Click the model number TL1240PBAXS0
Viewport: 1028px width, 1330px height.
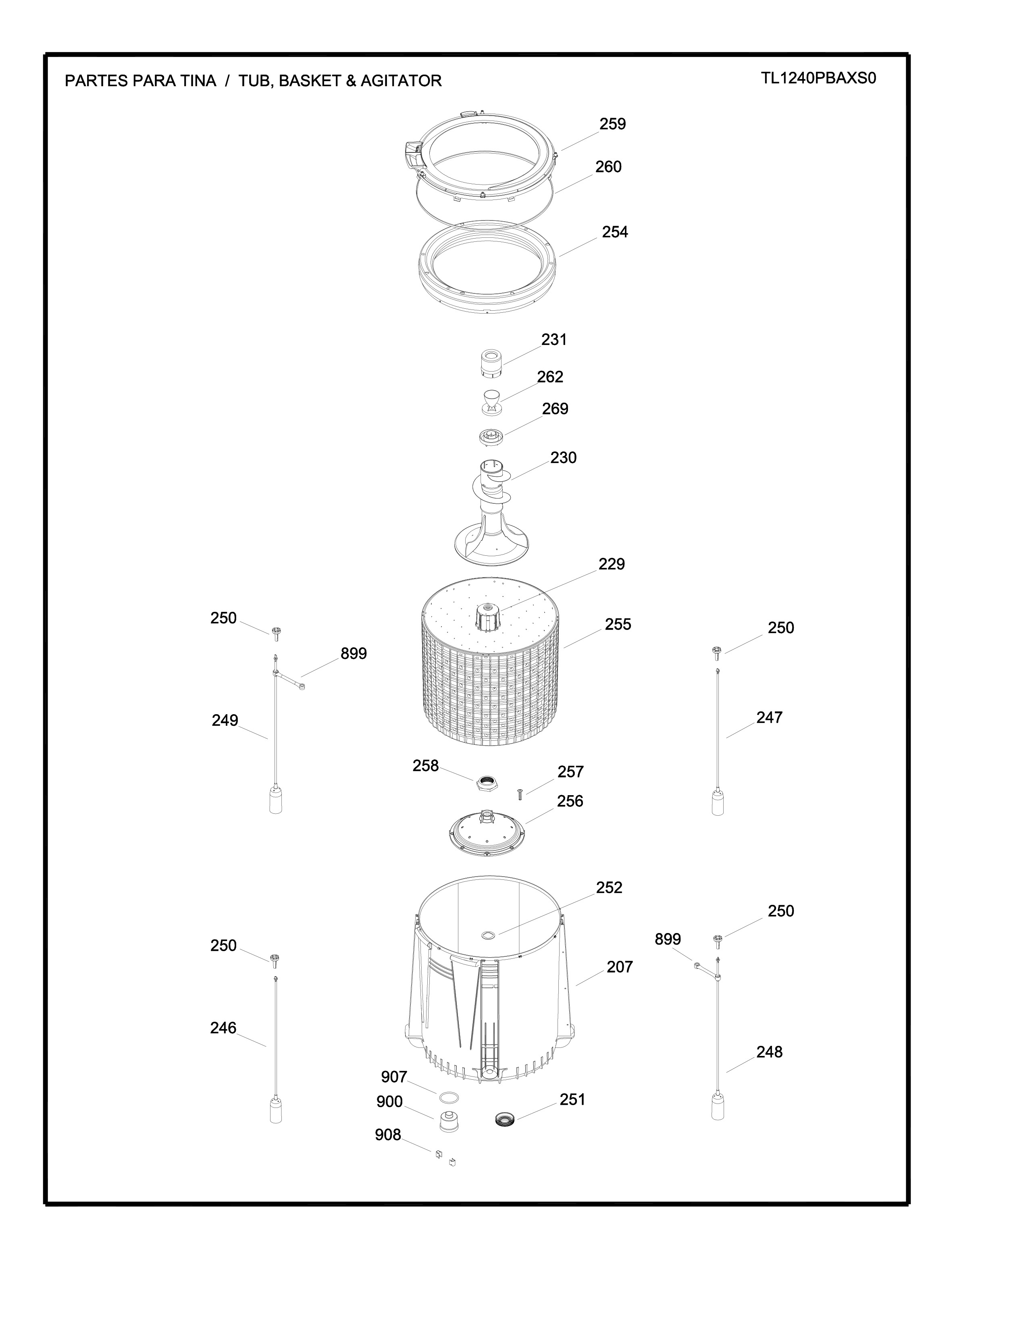[818, 79]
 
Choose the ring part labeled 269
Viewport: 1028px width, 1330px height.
[492, 436]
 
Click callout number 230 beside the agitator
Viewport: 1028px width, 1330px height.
[563, 458]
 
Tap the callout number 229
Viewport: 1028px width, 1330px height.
[612, 565]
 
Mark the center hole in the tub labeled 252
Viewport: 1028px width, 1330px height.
[489, 935]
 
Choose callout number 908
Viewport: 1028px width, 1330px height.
[388, 1135]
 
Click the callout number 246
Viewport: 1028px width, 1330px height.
[223, 1028]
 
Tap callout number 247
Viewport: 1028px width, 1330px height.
[769, 717]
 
